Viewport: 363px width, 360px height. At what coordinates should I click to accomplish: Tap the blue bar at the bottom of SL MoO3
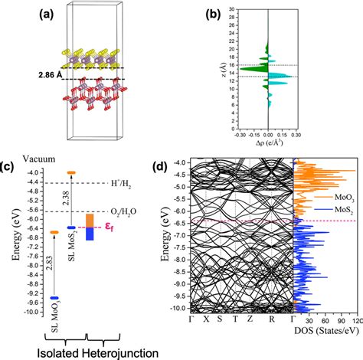click(54, 298)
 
